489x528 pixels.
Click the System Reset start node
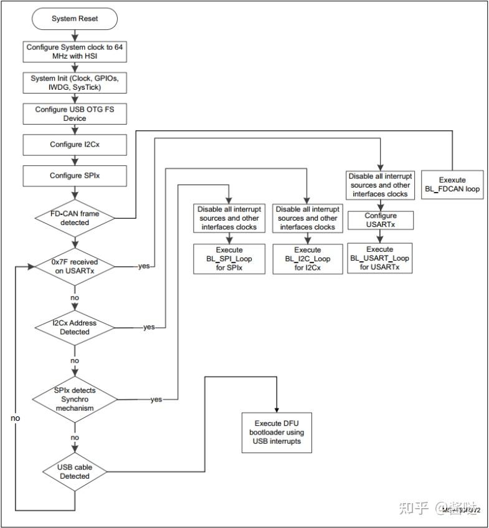[75, 19]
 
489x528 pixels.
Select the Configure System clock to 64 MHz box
[75, 52]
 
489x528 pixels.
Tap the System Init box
[75, 83]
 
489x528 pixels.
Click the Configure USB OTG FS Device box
[75, 113]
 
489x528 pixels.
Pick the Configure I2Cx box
[75, 145]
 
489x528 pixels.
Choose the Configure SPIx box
[75, 176]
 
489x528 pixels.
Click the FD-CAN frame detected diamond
[75, 218]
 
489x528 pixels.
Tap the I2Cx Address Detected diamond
[75, 327]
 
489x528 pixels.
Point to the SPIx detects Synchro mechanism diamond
[75, 399]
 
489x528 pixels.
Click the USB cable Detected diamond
[75, 471]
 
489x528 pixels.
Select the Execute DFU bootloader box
[277, 432]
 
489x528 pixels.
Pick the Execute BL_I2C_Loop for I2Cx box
[308, 258]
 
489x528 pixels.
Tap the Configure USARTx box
[380, 220]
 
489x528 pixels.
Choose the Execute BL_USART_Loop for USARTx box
[380, 257]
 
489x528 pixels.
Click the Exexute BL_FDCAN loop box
[452, 185]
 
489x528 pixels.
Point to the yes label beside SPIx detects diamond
[156, 399]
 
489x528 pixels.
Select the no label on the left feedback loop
[15, 418]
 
